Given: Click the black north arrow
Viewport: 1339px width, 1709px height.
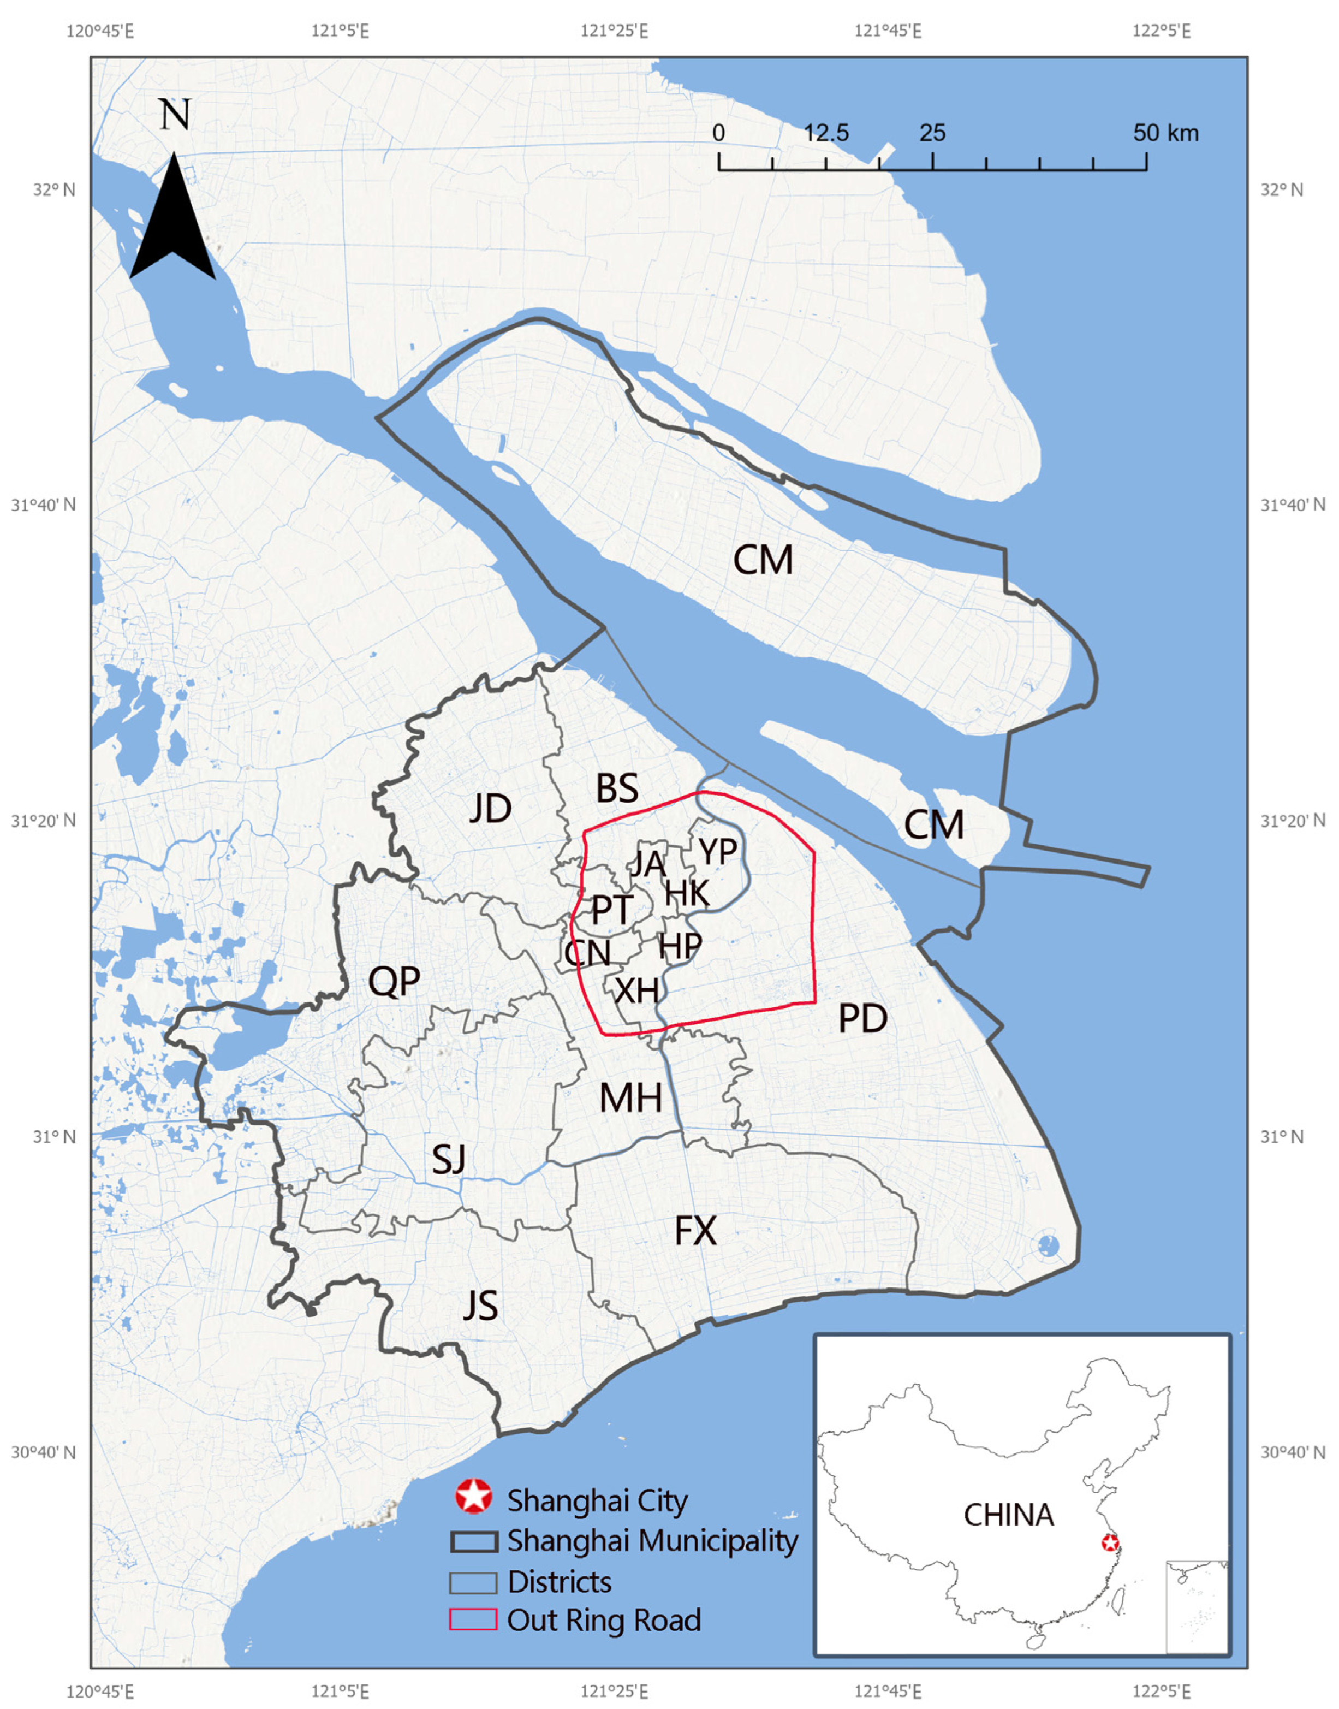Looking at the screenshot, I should pos(172,223).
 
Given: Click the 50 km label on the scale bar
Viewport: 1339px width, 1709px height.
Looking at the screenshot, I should pos(1166,133).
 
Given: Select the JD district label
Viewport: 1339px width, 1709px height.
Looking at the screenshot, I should pos(491,808).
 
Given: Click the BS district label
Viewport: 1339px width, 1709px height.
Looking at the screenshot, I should pos(617,788).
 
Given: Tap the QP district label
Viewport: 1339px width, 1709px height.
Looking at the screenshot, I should pos(394,981).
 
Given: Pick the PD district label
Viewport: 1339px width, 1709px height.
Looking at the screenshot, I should pos(862,1018).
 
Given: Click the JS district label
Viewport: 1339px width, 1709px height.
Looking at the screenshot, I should pos(480,1306).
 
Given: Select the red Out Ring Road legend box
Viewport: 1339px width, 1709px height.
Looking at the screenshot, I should pos(473,1619).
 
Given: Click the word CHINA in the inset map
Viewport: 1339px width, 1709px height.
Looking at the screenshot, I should pos(1008,1515).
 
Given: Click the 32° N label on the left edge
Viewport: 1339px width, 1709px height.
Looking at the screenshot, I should pos(53,189).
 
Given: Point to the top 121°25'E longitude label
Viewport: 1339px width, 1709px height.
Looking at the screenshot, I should pos(614,31).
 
